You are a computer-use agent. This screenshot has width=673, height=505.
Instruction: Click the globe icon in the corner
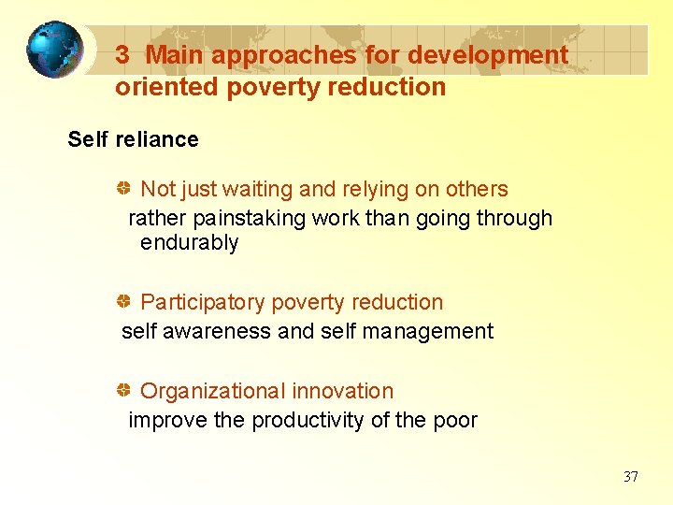(54, 50)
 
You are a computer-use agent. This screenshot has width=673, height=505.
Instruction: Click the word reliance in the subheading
(158, 139)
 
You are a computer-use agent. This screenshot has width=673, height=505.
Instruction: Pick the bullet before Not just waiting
(123, 189)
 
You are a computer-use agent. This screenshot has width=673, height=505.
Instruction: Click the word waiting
(256, 189)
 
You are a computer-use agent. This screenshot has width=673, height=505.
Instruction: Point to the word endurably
(190, 243)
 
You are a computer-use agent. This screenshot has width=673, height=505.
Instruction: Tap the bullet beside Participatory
(123, 302)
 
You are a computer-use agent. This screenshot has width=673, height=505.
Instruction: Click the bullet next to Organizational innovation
(123, 391)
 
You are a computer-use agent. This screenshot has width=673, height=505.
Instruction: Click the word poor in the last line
(454, 420)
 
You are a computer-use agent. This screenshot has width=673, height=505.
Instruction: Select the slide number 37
(631, 477)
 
